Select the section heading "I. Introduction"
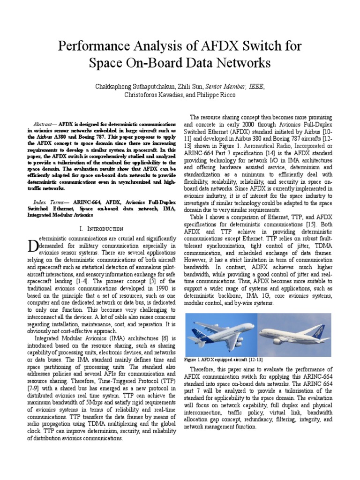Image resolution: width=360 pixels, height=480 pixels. click(101, 228)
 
